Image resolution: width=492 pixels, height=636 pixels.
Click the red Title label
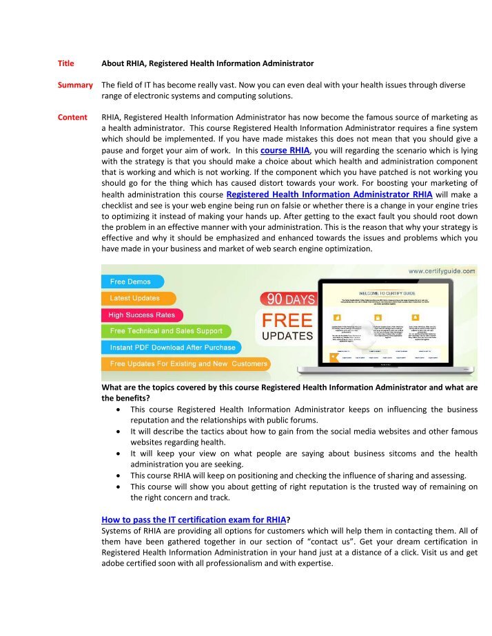(x=65, y=63)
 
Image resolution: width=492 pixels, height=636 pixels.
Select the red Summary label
(x=74, y=85)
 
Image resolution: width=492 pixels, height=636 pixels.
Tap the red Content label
(x=72, y=118)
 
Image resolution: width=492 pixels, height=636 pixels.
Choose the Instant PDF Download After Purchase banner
(x=172, y=348)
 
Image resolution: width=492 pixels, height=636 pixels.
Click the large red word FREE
(x=287, y=321)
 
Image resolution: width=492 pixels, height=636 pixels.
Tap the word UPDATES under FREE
(x=287, y=337)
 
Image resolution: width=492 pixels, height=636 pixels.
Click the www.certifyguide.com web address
(x=440, y=272)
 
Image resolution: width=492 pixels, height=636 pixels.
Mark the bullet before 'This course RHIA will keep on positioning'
(x=121, y=476)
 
